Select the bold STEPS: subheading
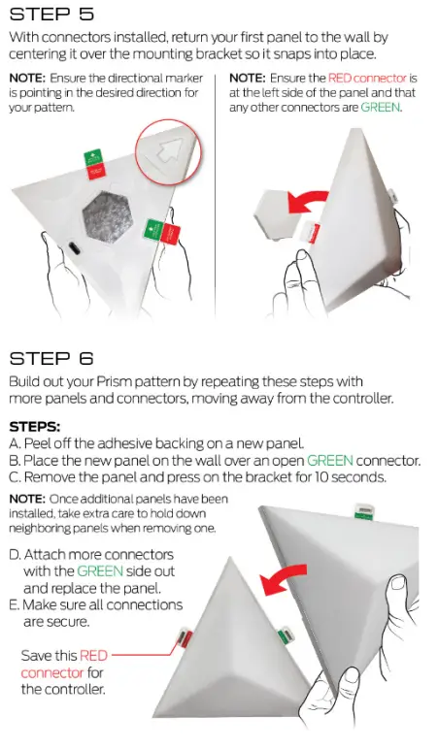(x=35, y=425)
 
